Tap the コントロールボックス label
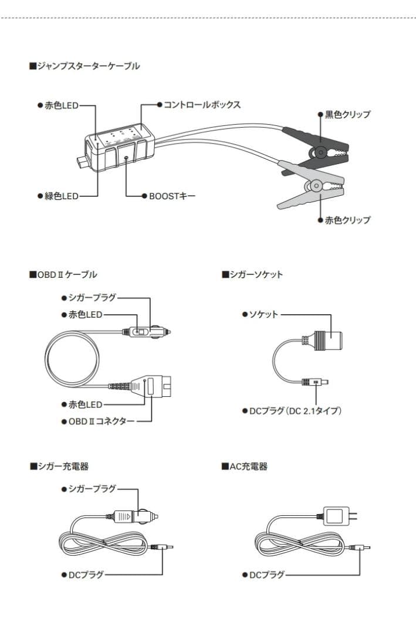(201, 104)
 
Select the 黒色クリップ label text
(347, 114)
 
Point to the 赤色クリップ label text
(347, 220)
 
